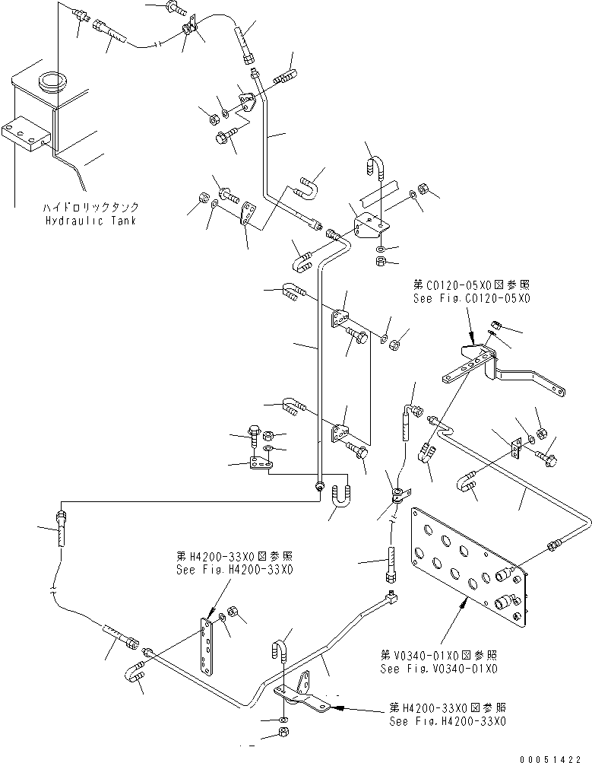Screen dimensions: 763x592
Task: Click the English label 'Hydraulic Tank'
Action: [x=92, y=220]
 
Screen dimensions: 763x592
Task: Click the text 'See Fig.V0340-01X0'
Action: [x=439, y=669]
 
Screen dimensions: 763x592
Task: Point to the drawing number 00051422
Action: [x=556, y=758]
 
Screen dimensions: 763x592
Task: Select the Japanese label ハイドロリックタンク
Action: [x=91, y=207]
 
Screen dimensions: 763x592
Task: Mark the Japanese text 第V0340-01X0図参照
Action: [x=439, y=653]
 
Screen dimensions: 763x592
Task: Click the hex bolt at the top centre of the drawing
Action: [x=177, y=9]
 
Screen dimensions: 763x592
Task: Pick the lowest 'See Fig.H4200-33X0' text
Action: [x=448, y=722]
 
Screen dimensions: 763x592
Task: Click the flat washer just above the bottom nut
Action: [x=282, y=717]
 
